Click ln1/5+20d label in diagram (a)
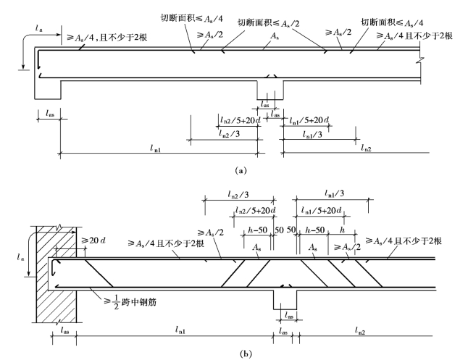pos(309,120)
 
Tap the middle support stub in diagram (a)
pos(270,90)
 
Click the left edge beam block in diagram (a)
pos(48,88)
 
